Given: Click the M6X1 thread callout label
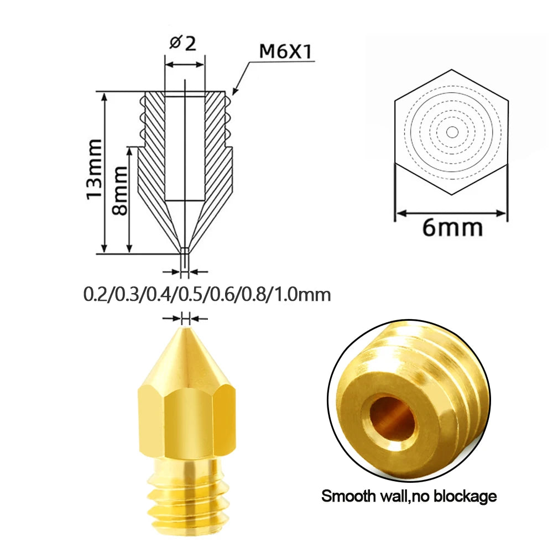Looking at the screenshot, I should click(286, 52).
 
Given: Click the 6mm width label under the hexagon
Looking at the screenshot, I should click(452, 227).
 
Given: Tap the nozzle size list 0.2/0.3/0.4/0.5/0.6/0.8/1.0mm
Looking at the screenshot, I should click(207, 294).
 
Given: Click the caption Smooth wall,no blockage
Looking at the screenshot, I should click(409, 496).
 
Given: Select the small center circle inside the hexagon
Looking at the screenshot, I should click(452, 132).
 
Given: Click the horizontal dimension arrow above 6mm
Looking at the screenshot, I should click(450, 212).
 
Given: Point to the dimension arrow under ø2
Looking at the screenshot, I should click(185, 65).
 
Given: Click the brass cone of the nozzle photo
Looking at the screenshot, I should click(185, 359).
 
